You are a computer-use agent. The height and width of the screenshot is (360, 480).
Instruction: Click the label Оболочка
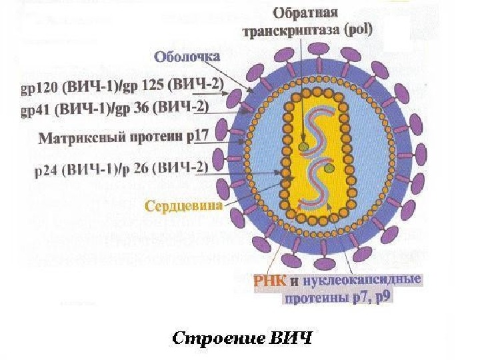tap(187, 57)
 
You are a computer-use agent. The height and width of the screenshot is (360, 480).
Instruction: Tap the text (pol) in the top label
tap(359, 29)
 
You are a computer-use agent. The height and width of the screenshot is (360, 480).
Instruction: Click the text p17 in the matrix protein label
tap(198, 136)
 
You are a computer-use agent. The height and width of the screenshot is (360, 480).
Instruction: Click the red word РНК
tap(269, 281)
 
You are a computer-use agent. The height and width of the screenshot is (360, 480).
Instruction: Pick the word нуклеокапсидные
tap(361, 281)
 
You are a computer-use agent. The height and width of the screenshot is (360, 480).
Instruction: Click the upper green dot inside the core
tap(303, 147)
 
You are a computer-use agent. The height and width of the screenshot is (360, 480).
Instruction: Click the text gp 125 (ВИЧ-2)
tap(177, 85)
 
